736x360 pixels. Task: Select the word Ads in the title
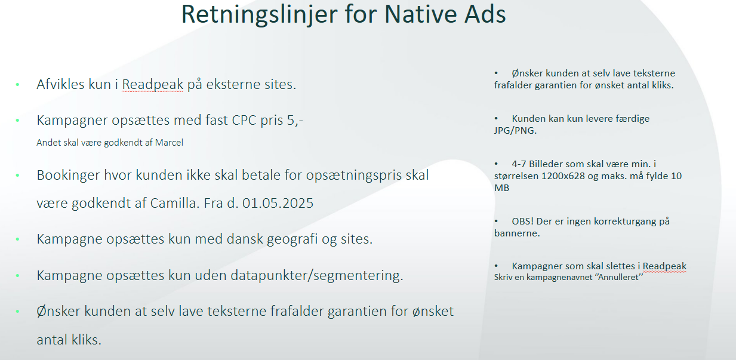[x=485, y=14]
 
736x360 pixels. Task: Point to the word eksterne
[x=233, y=84]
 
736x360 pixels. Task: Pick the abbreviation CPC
[x=244, y=120]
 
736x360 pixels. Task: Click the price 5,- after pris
[x=295, y=121]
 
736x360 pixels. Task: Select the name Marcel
[x=169, y=142]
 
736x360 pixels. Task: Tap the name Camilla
[x=175, y=203]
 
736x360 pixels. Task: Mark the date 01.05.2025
[x=278, y=203]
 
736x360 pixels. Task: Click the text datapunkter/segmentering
[x=317, y=275]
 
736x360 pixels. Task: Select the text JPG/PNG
[x=515, y=131]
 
